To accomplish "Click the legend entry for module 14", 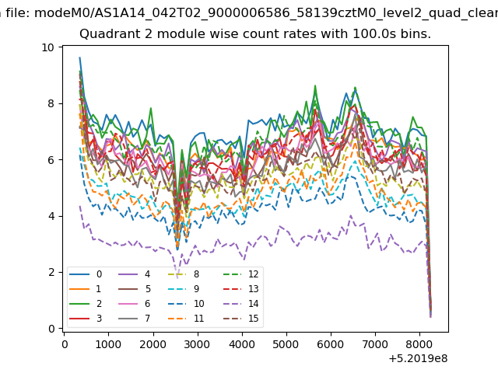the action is click(x=244, y=304).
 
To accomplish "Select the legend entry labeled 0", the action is click(x=86, y=274).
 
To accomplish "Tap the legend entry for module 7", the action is click(x=134, y=318).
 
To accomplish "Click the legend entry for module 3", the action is click(x=86, y=318).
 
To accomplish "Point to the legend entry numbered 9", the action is click(x=184, y=288).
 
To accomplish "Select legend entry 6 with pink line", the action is click(x=134, y=304).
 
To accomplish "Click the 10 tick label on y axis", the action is click(x=47, y=47).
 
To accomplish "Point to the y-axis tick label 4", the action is click(x=51, y=216).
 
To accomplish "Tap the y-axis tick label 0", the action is click(x=51, y=329).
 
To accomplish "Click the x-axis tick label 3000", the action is click(x=197, y=344).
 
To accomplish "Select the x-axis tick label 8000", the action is click(x=419, y=344).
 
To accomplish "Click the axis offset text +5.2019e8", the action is click(x=418, y=358).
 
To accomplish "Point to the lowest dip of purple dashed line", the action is click(x=177, y=278).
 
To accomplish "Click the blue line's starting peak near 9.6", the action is click(x=79, y=58).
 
